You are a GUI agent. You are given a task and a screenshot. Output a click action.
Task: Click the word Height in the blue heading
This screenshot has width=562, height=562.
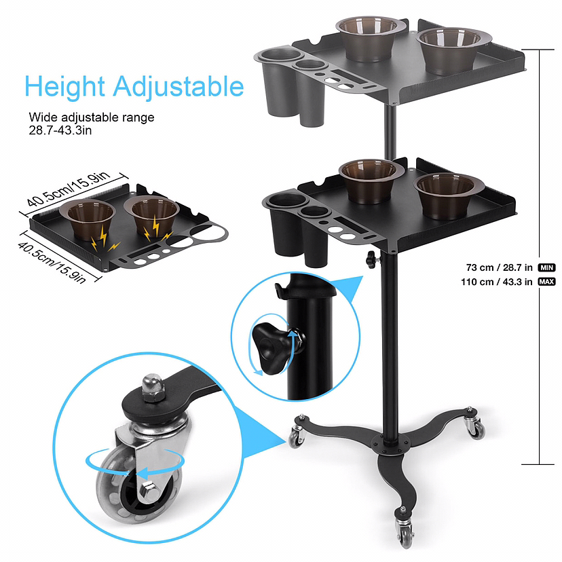64,86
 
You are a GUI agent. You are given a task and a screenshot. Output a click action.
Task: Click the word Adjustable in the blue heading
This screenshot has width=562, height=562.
179,86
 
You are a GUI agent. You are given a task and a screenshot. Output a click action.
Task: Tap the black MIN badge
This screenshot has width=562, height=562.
546,267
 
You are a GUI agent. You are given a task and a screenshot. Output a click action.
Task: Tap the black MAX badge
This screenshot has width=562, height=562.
546,282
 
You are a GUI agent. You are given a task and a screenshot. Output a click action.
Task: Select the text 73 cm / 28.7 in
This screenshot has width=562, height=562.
500,267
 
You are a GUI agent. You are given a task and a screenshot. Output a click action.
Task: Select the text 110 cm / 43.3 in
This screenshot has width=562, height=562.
497,282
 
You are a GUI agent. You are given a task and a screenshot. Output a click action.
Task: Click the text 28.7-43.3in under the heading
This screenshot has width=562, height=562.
60,130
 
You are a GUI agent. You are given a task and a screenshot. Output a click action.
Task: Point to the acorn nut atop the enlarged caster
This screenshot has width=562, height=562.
153,388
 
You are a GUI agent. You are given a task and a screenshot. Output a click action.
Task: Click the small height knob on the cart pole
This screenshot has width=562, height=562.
372,259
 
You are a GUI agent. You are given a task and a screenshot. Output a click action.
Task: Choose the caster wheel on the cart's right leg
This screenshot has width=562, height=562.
476,428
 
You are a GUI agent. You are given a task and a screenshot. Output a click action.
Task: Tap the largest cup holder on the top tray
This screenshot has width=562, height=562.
282,82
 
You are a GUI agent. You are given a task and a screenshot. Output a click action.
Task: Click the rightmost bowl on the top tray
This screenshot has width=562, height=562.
453,50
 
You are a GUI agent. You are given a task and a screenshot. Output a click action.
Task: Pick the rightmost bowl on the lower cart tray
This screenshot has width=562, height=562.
449,195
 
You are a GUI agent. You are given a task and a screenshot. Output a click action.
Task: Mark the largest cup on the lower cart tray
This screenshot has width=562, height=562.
286,224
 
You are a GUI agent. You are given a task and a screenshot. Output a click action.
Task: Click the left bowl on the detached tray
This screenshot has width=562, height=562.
88,219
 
